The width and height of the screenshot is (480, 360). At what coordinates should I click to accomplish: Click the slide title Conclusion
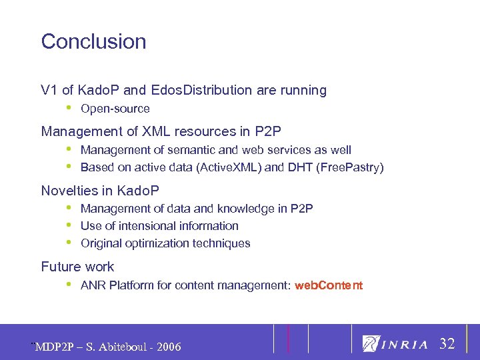click(93, 41)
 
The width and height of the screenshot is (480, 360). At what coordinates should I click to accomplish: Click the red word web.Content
click(329, 285)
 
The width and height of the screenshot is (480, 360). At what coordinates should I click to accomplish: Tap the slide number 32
click(447, 344)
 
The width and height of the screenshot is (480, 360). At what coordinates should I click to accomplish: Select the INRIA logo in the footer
click(395, 344)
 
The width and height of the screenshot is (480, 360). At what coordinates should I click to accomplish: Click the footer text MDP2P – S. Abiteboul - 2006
click(107, 347)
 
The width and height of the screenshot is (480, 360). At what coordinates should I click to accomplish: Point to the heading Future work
click(77, 267)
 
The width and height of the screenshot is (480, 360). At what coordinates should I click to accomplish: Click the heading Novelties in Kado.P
click(100, 191)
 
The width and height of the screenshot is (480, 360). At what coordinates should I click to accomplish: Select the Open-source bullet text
click(115, 109)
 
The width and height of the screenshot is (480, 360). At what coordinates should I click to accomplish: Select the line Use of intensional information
click(159, 226)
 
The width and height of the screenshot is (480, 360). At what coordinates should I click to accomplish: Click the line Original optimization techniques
click(165, 243)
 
